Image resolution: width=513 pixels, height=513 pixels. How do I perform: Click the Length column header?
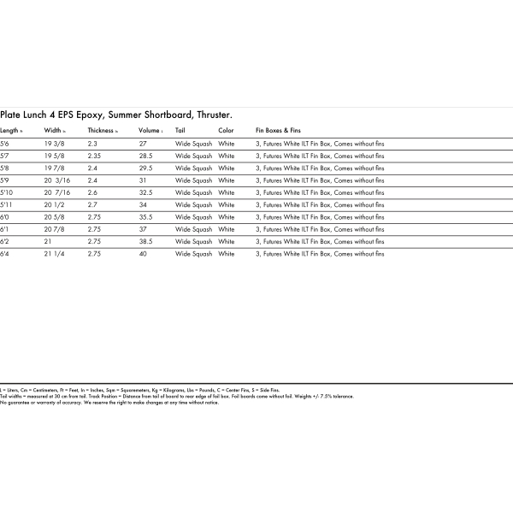click(11, 131)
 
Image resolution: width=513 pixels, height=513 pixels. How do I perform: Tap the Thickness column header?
click(103, 131)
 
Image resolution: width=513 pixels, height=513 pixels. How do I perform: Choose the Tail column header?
click(180, 131)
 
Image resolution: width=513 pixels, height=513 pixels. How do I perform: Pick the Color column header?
click(226, 131)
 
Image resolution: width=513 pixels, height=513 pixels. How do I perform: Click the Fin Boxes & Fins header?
click(279, 131)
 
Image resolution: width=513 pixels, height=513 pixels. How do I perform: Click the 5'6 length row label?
click(5, 144)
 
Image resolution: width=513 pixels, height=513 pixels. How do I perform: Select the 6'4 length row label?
click(5, 254)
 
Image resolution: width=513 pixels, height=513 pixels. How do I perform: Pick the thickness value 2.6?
click(93, 193)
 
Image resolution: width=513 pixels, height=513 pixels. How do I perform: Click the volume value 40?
click(143, 254)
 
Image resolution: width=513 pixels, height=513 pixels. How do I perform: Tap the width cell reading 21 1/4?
click(55, 254)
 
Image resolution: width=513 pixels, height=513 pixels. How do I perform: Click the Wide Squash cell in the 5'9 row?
click(193, 180)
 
